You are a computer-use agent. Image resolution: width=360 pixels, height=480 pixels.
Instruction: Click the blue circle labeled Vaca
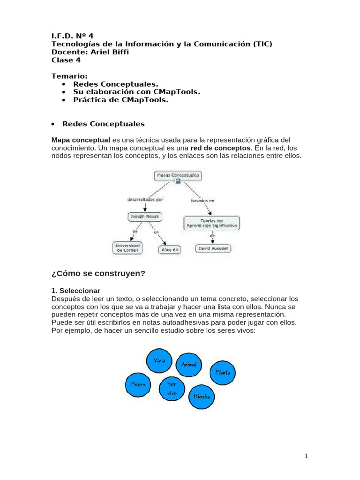click(x=159, y=360)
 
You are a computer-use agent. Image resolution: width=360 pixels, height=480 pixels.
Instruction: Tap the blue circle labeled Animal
click(x=189, y=365)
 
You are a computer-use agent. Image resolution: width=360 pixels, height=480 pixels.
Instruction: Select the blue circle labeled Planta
click(x=222, y=373)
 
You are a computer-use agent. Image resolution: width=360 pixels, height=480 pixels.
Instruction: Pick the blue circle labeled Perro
click(x=138, y=385)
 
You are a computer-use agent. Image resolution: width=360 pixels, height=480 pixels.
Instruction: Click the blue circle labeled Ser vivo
click(x=172, y=389)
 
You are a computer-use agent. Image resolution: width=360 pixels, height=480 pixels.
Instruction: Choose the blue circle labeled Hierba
click(x=202, y=397)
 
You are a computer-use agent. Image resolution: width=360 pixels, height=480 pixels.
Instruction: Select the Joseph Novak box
click(x=145, y=217)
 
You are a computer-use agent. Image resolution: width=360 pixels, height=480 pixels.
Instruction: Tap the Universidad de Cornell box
click(x=127, y=248)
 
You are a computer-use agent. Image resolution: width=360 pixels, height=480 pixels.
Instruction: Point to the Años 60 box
click(x=169, y=250)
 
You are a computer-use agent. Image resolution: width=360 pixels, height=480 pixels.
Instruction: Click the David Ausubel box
click(x=214, y=249)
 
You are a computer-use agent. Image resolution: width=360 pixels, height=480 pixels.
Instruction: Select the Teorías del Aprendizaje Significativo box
click(x=211, y=223)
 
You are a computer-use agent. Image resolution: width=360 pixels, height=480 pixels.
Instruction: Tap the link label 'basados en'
click(x=202, y=201)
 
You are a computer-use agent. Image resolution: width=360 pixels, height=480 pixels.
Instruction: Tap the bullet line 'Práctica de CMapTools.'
click(x=120, y=100)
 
